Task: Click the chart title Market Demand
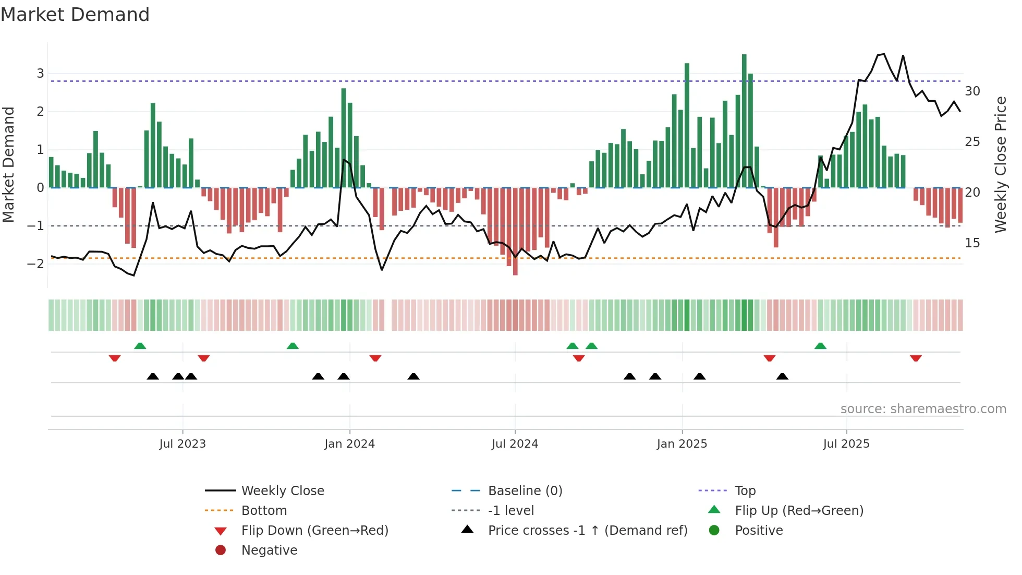pos(75,15)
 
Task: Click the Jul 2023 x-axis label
pos(182,444)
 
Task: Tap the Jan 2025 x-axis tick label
pos(682,444)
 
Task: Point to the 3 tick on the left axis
pos(40,74)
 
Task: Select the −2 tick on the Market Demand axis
pos(36,264)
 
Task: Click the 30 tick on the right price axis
pos(972,91)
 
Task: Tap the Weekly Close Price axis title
pos(1000,164)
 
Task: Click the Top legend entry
pos(745,491)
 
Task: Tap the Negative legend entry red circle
pos(221,550)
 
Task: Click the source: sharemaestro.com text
pos(923,409)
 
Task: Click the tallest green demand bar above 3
pos(744,120)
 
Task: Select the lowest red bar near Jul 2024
pos(515,232)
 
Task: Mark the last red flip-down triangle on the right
pos(916,358)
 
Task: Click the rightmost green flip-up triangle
pos(820,346)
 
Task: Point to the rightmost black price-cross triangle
pos(782,376)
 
